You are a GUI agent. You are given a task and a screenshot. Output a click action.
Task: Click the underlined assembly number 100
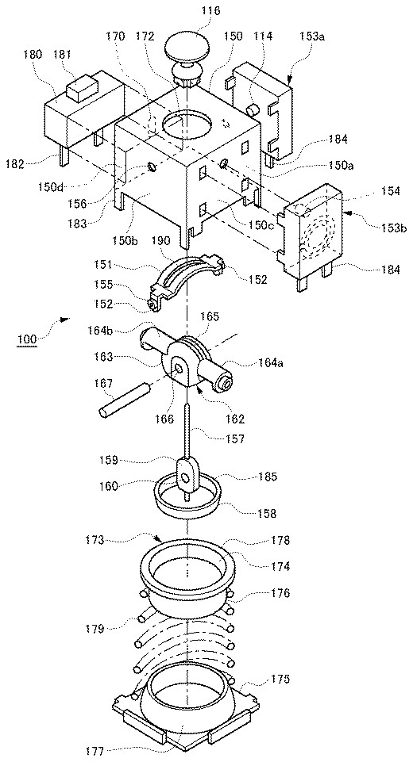27,339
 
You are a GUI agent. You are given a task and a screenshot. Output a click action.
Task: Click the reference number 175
280,680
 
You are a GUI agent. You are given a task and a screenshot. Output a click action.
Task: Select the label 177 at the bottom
95,752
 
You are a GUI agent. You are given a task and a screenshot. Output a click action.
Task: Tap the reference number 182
16,164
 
